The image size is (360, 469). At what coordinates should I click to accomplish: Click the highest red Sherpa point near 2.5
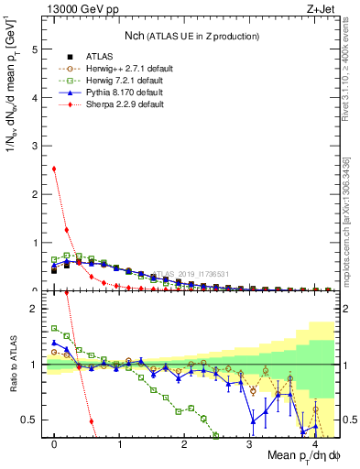tap(55, 169)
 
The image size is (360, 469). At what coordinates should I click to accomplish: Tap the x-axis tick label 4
tap(314, 444)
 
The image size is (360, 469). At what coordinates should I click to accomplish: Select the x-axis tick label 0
tap(55, 444)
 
